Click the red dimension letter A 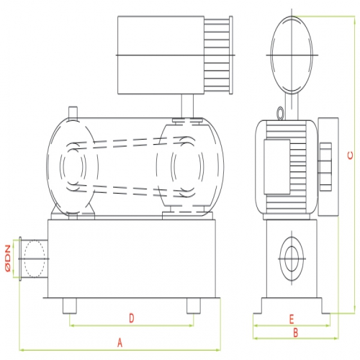[120, 343]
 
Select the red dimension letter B [296, 333]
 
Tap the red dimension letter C [350, 156]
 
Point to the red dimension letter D [132, 318]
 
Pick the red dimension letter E [292, 320]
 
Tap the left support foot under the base [70, 306]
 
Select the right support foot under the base [194, 306]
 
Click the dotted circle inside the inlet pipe [35, 258]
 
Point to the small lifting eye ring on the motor [280, 112]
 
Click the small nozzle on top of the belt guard [73, 112]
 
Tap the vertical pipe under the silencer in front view [187, 106]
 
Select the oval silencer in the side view [292, 55]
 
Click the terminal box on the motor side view [277, 167]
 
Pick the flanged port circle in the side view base [292, 258]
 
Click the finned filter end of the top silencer [218, 55]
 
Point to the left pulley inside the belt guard [73, 167]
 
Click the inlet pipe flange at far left [20, 258]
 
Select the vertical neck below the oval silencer [292, 107]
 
